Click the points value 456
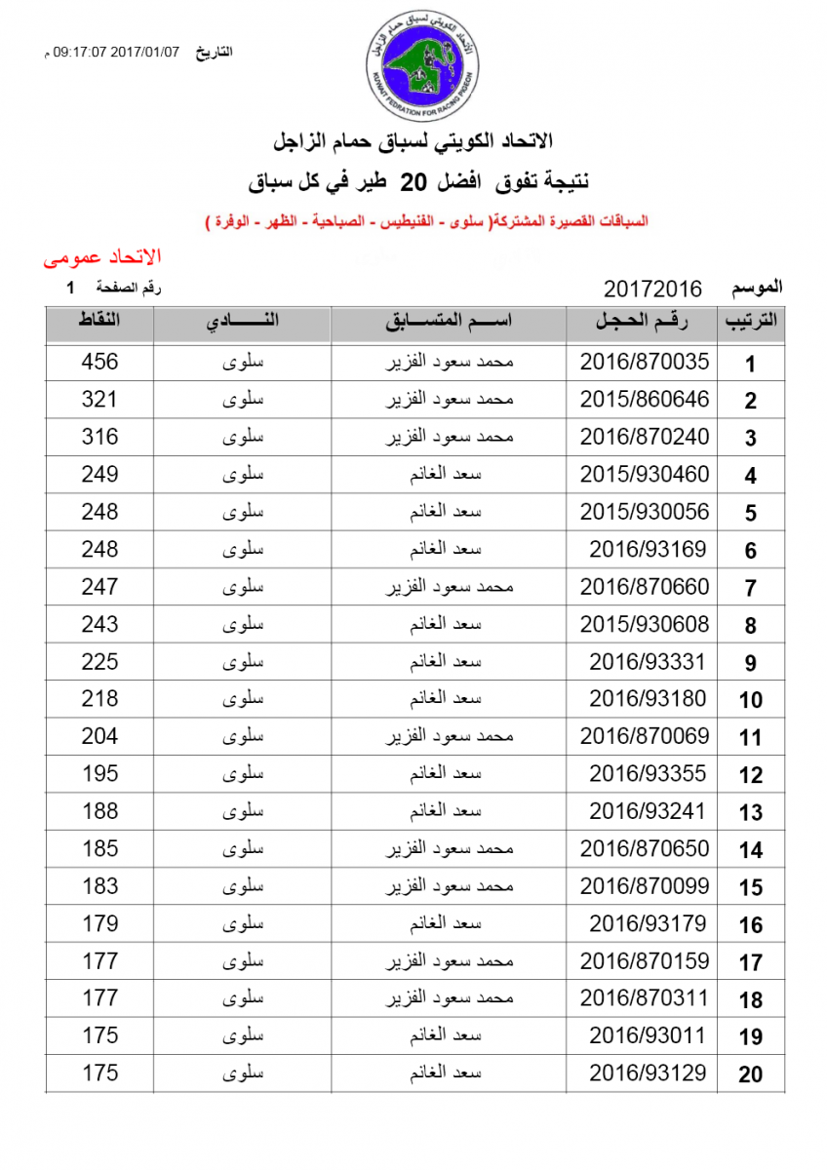[99, 362]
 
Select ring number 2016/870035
[645, 362]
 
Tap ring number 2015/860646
[645, 400]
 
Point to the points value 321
[99, 400]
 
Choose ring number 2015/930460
[645, 475]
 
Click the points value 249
[99, 475]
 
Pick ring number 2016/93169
[648, 549]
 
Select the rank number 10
[750, 700]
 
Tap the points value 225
[99, 661]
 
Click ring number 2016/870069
[645, 736]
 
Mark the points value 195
[99, 773]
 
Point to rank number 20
[750, 1074]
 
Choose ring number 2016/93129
[648, 1072]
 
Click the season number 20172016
[653, 289]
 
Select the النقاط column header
[99, 324]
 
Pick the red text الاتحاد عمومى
[101, 257]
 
